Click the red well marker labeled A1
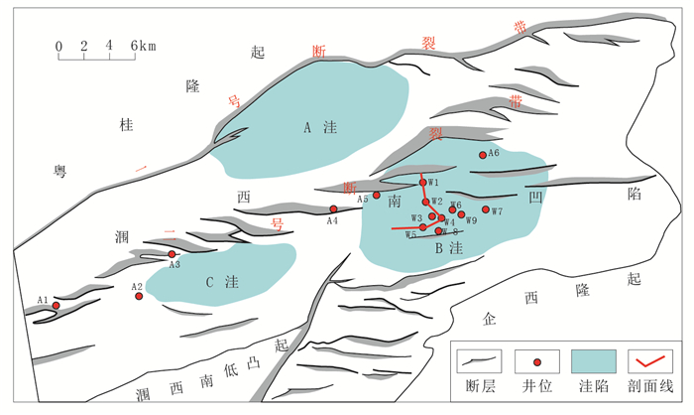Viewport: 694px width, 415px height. (57, 305)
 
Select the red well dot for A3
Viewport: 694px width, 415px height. (172, 254)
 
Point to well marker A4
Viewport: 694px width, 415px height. (333, 208)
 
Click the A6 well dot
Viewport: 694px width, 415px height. (483, 155)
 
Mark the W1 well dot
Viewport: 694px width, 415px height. (422, 183)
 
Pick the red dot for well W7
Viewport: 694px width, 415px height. (486, 209)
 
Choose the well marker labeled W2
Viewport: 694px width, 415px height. (426, 203)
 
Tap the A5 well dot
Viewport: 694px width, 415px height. (377, 195)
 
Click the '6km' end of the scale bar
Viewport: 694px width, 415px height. (140, 46)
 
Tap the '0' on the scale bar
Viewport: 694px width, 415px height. (58, 46)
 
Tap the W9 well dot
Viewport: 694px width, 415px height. (461, 214)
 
